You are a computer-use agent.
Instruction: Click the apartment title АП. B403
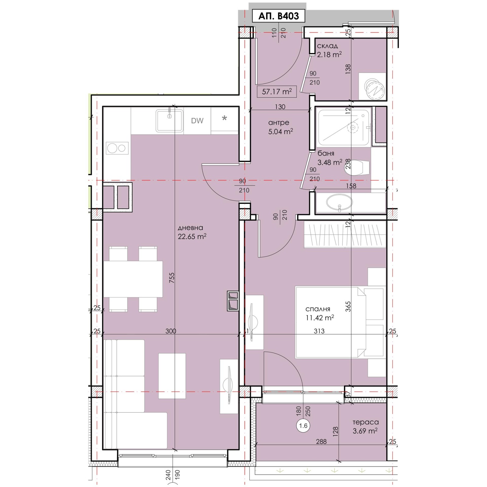279,16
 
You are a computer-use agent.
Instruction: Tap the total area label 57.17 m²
277,91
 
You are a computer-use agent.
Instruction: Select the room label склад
328,46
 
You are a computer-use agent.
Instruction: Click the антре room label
279,123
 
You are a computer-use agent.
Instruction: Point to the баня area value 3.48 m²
330,162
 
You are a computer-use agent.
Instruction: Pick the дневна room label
190,228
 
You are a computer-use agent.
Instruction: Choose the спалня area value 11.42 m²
320,318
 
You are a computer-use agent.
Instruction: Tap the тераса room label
366,422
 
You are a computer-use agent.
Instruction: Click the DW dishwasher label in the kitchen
197,121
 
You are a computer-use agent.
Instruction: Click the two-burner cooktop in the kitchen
117,149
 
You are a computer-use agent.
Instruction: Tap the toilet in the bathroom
358,167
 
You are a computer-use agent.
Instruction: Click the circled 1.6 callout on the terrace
303,426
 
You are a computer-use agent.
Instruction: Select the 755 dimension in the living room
172,278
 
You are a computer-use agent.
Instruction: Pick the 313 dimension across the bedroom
319,331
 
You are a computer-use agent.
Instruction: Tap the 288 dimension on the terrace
321,441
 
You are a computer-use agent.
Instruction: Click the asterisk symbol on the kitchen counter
224,118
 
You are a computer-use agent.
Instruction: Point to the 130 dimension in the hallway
280,107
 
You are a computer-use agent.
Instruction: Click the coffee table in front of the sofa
172,376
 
